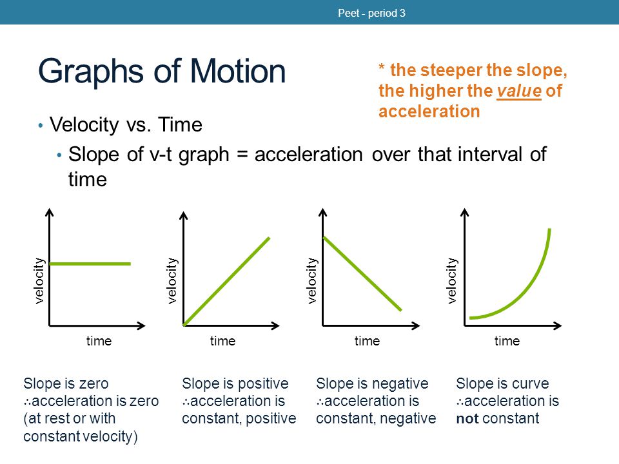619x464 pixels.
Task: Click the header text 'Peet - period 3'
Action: coord(371,13)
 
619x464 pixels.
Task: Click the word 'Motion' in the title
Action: coord(238,71)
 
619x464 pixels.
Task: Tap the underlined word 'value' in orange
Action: coord(518,91)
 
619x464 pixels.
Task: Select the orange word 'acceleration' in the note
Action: coord(429,111)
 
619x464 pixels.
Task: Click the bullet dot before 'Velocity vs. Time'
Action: coord(40,126)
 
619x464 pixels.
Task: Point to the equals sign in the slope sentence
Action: coord(242,155)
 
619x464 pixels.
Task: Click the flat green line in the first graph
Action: coord(90,264)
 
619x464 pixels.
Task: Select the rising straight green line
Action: coord(226,282)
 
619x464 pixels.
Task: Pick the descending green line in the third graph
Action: coord(362,274)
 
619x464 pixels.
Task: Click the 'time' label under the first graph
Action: coord(99,341)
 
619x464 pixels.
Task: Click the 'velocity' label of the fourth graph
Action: coord(451,280)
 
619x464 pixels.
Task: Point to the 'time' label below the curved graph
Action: coord(507,341)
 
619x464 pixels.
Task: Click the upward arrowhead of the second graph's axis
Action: coord(184,215)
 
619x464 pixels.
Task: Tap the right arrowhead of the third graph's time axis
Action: coord(415,325)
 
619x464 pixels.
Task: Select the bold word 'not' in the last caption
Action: coord(467,419)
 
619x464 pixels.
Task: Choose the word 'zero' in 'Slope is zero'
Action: coord(93,384)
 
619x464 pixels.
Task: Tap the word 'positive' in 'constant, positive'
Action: coord(271,419)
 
